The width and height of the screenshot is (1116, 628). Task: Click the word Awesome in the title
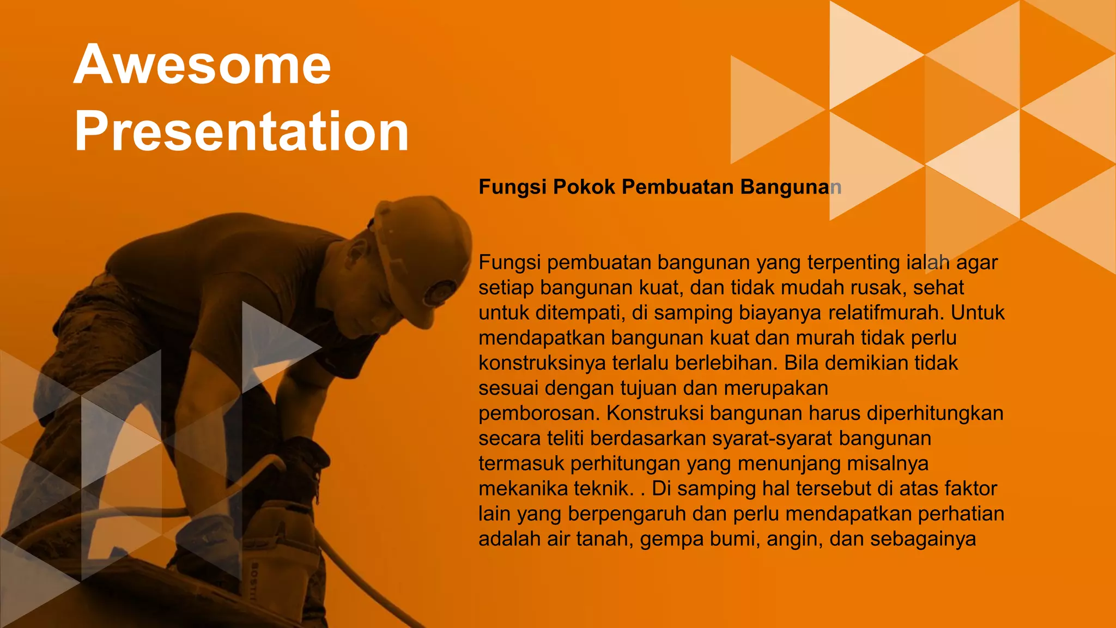pyautogui.click(x=202, y=65)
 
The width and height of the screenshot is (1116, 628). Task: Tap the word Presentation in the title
pyautogui.click(x=241, y=131)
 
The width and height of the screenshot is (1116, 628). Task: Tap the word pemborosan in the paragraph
pyautogui.click(x=539, y=413)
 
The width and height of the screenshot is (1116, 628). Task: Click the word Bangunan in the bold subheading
pyautogui.click(x=791, y=187)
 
